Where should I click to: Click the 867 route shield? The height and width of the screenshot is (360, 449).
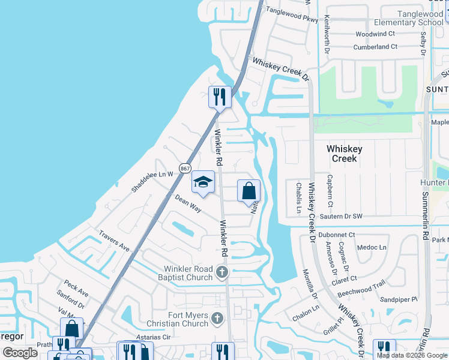coord(185,169)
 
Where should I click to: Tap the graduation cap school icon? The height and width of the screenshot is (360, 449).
coord(203,182)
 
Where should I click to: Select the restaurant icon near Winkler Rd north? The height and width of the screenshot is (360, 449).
coord(220,97)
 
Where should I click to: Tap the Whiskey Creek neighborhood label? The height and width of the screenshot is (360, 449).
coord(342,154)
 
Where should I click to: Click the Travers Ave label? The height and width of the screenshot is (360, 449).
coord(115,242)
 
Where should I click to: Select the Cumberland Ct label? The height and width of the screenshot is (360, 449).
coord(375,47)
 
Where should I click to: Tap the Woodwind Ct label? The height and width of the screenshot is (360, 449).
coord(375,34)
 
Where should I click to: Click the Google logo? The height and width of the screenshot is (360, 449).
coord(20,353)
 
